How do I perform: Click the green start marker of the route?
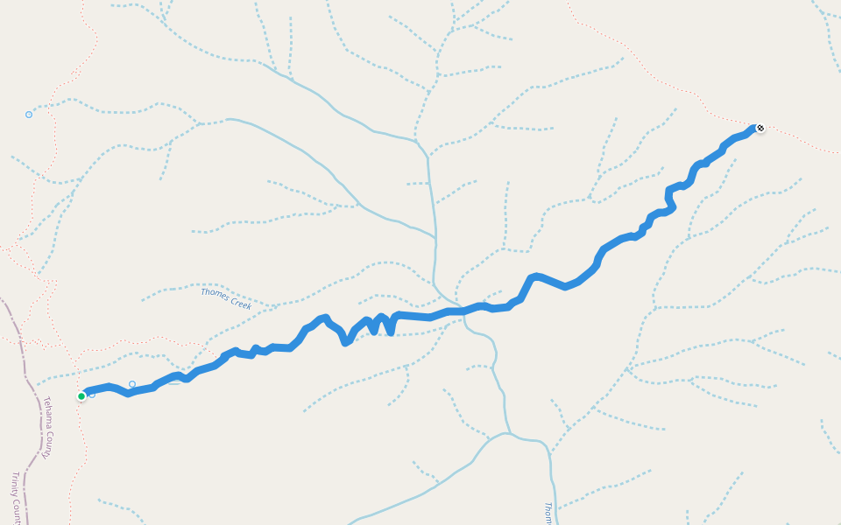tap(81, 396)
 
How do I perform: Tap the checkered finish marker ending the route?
tap(760, 129)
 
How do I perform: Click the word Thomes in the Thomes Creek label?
tap(215, 294)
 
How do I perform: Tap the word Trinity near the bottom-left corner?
tap(16, 486)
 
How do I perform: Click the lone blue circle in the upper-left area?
tap(29, 115)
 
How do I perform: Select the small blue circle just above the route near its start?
tap(132, 384)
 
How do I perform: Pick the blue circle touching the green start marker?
tap(92, 395)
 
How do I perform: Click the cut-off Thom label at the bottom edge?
tap(548, 512)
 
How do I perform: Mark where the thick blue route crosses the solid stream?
tap(456, 311)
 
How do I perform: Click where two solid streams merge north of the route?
tap(417, 139)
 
